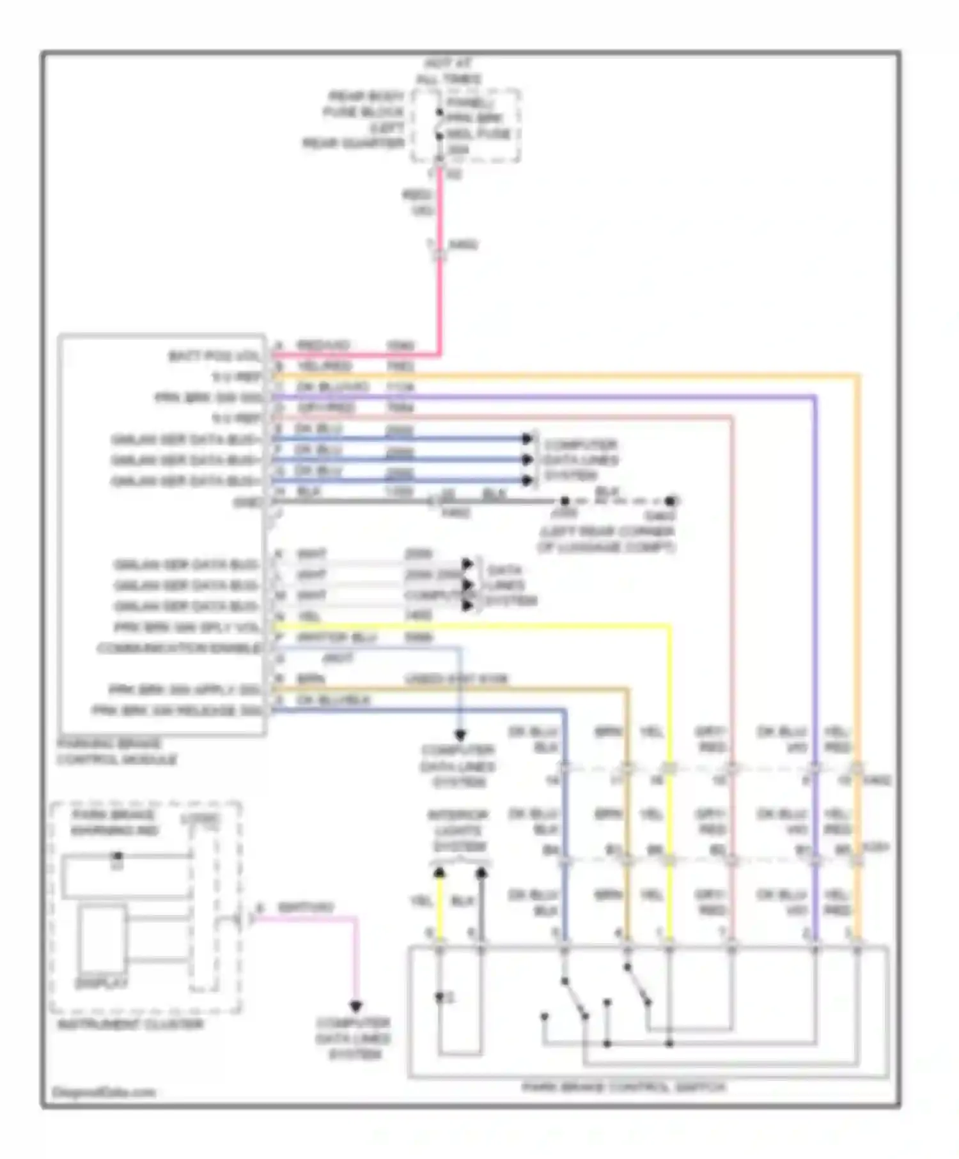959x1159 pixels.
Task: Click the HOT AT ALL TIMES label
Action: tap(449, 72)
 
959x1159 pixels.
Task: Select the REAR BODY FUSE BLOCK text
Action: tap(364, 104)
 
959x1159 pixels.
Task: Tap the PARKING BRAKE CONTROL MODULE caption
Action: tap(117, 752)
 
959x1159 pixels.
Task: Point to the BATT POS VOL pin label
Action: tap(215, 356)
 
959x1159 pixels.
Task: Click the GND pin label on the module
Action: tap(248, 503)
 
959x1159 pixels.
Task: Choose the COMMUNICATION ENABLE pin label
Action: tap(180, 649)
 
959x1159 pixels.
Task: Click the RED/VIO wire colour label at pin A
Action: tap(324, 346)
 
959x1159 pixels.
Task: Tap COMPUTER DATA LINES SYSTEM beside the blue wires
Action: tap(581, 460)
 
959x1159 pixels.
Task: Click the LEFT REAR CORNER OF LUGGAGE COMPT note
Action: tap(605, 539)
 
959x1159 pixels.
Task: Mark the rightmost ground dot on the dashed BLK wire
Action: tap(670, 501)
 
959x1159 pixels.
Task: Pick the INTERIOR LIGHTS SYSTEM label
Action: tap(458, 831)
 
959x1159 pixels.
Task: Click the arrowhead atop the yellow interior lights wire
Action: tap(440, 873)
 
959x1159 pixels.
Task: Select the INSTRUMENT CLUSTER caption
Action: tap(130, 1024)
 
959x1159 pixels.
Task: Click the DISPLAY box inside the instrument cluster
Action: tap(102, 939)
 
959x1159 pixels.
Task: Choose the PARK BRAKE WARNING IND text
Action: tap(115, 823)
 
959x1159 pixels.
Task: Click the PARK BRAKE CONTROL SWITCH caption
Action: tap(624, 1087)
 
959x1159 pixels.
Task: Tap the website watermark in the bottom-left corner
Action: tap(104, 1092)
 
